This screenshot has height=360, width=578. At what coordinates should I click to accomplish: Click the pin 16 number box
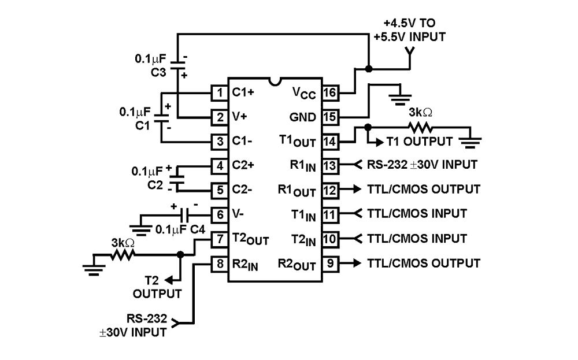pos(329,92)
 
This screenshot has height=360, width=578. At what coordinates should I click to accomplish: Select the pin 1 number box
pos(219,92)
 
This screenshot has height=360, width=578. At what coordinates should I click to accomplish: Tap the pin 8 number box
pos(219,264)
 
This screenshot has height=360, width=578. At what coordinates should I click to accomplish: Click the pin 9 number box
pos(329,264)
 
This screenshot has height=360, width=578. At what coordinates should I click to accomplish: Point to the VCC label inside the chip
pos(303,92)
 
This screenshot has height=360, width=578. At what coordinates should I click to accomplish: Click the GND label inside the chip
pos(303,117)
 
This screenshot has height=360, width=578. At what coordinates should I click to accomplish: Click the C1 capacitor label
pos(143,123)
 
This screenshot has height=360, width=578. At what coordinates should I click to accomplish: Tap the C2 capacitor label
pos(155,184)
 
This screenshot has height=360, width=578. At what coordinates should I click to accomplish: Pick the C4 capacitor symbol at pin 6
pos(186,214)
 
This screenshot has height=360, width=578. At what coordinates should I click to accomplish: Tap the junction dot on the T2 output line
pos(180,254)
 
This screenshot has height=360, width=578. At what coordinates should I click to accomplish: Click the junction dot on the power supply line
pos(368,69)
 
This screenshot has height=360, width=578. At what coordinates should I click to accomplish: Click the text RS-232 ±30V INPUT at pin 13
pos(422,165)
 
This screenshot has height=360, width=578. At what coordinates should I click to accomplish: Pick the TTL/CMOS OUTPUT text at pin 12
pos(423,189)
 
